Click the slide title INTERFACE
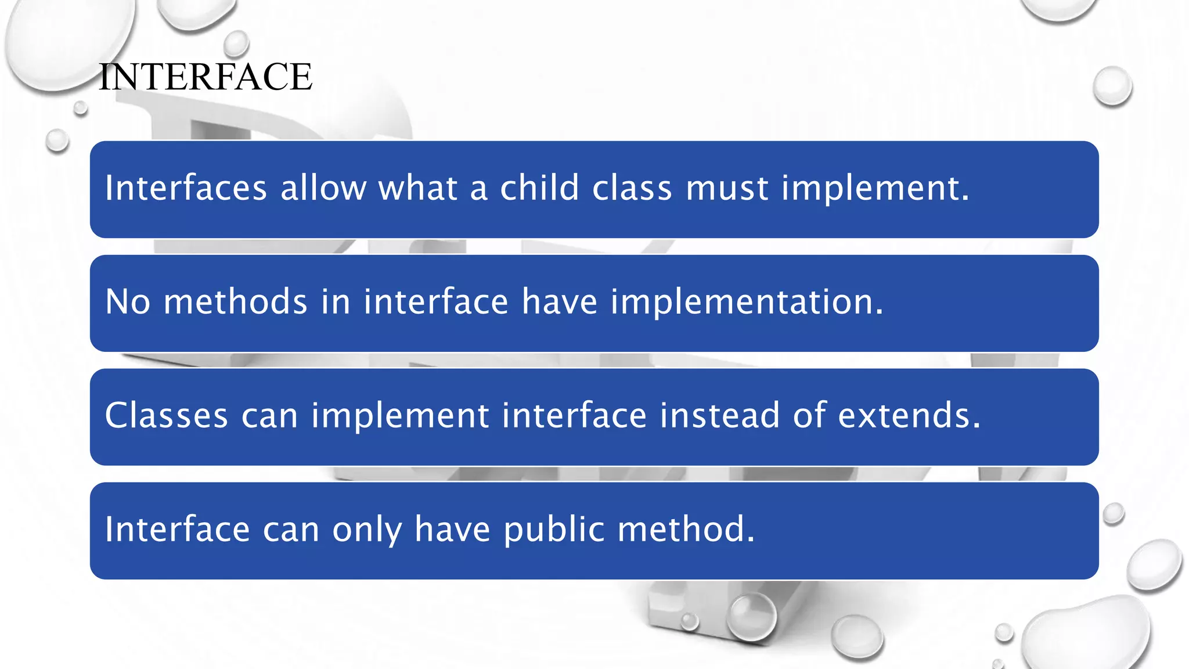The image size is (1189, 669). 206,77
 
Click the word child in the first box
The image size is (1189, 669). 539,188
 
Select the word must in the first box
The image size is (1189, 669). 727,189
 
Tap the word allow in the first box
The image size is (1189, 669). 323,188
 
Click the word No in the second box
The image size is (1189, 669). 128,302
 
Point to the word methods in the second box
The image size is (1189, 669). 235,302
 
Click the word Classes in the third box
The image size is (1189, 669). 167,416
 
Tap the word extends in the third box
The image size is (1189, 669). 909,416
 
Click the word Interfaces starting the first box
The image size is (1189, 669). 186,188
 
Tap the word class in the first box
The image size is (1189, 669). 632,188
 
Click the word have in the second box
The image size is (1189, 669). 560,302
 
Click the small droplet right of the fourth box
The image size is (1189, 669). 1114,513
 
